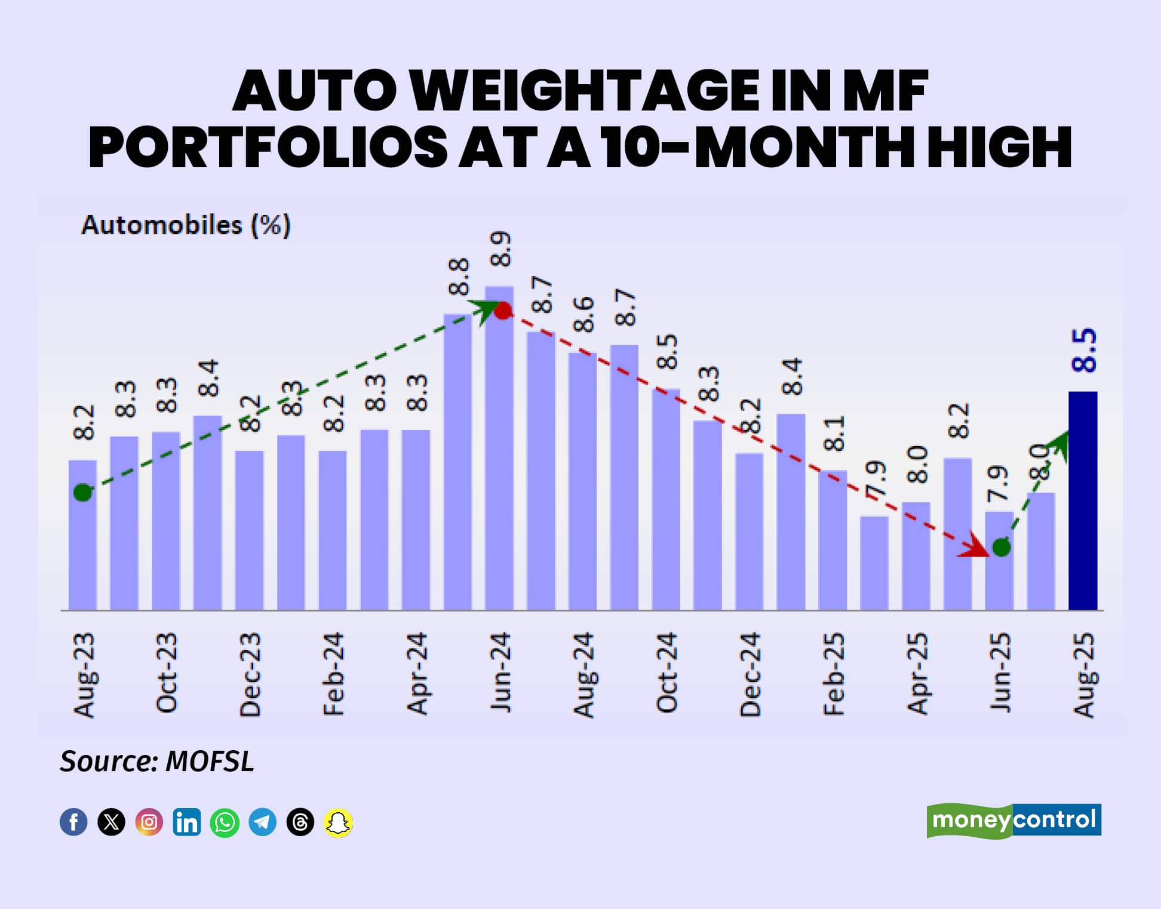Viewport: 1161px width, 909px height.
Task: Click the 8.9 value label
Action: [x=500, y=249]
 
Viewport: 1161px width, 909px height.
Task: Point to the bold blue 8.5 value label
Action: [x=1084, y=351]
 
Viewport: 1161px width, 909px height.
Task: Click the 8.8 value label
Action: [x=459, y=277]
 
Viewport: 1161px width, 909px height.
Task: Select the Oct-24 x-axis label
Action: [x=666, y=673]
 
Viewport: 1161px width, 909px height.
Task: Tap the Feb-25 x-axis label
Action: [x=834, y=673]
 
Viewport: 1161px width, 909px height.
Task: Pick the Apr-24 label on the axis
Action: [x=417, y=673]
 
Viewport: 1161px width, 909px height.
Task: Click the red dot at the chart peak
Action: [x=503, y=311]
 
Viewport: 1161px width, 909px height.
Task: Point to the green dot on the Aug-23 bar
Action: [x=82, y=493]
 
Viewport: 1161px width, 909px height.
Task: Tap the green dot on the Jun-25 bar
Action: [x=1001, y=546]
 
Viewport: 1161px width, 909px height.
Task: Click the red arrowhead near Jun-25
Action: [x=973, y=546]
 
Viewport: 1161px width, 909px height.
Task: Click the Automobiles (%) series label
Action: [x=186, y=226]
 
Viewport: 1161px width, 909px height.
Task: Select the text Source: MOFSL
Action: [x=157, y=761]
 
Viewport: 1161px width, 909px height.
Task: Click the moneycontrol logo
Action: [x=1013, y=821]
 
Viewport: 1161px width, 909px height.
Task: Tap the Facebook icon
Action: [x=73, y=822]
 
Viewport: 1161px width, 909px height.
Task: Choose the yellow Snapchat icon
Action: [x=338, y=822]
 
